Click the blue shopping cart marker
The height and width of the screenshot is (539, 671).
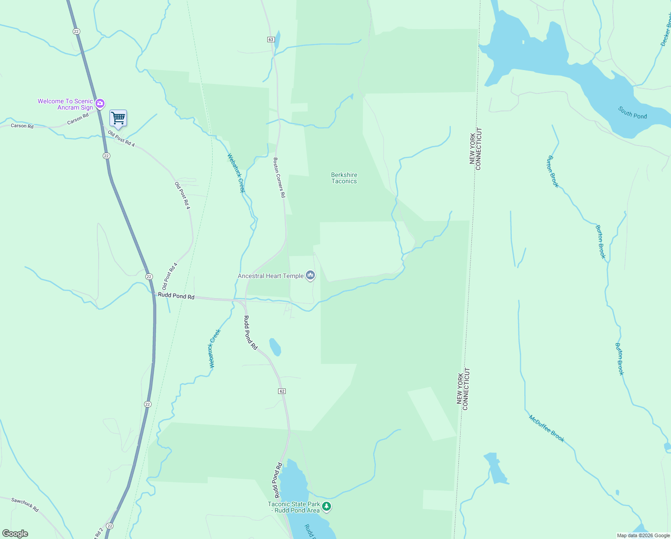[118, 119]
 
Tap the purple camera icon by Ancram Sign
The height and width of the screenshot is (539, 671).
[100, 104]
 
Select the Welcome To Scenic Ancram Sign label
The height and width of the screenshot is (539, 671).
[65, 104]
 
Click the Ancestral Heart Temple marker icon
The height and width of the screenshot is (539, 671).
[310, 275]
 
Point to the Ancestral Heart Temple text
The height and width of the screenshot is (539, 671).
[270, 276]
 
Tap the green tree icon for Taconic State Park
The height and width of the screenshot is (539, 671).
[327, 507]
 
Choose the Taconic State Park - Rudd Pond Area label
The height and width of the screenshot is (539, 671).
[294, 507]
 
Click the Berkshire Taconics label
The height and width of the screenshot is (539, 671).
[344, 178]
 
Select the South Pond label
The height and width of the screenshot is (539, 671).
[632, 112]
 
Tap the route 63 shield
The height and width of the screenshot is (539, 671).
[270, 40]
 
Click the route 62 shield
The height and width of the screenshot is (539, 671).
[282, 391]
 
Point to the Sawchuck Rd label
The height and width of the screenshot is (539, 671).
[25, 505]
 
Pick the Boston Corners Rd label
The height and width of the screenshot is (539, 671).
[279, 177]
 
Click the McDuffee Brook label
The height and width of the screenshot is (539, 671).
[546, 429]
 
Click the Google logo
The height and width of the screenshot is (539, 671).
[15, 534]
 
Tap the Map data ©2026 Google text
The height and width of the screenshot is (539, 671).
[643, 535]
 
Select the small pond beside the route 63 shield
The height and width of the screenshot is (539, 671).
[277, 40]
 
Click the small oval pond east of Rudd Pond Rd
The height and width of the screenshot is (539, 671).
[275, 347]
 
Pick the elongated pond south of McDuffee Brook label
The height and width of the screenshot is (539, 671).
[496, 469]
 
